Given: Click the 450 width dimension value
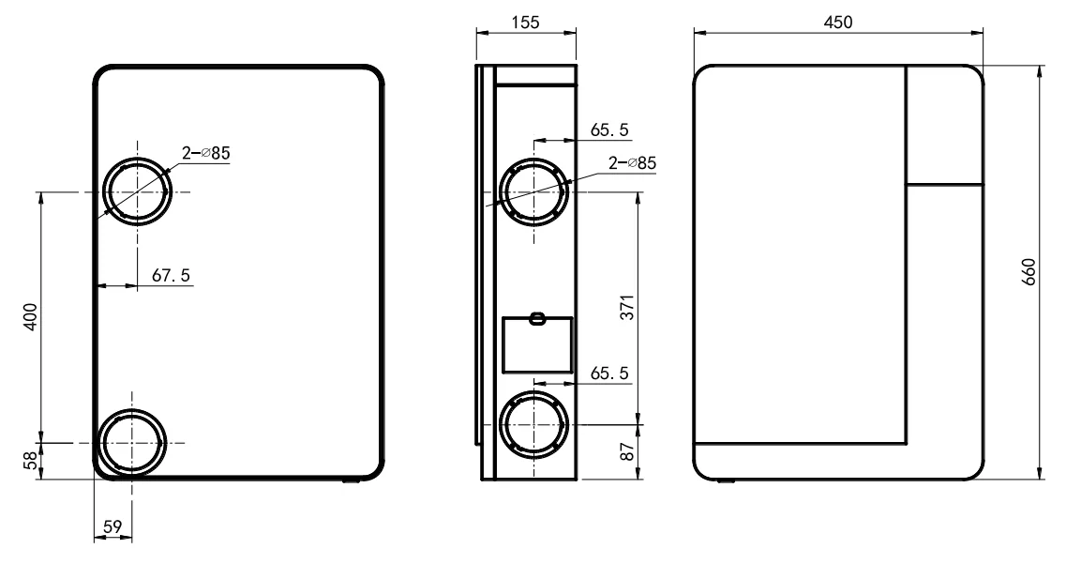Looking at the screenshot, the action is [837, 23].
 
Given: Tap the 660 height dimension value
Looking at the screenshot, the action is [1028, 271].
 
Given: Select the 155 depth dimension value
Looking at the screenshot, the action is [526, 23].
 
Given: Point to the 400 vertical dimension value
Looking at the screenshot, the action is [31, 316].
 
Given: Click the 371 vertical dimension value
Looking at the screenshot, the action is [627, 308].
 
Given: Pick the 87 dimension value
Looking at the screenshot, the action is [627, 450].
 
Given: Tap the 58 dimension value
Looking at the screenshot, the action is [31, 461].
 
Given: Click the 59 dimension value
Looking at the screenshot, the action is [113, 526].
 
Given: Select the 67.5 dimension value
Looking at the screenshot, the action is [171, 276].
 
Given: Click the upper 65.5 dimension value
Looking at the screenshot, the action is [609, 130].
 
